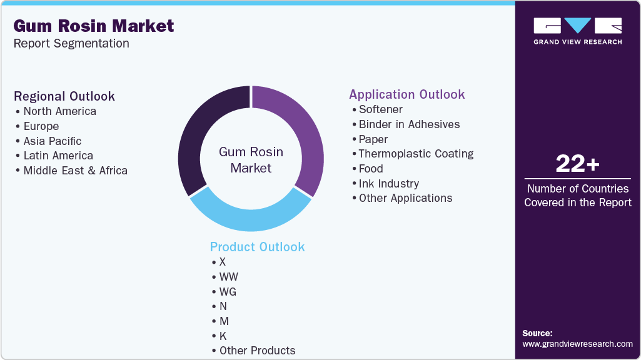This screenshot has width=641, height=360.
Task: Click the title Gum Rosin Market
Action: [x=94, y=26]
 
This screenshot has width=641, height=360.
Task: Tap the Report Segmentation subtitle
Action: [x=71, y=44]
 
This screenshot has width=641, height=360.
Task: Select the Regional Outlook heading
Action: [x=64, y=96]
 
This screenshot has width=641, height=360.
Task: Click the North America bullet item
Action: [x=59, y=111]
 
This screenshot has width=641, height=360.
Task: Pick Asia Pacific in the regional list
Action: [x=53, y=141]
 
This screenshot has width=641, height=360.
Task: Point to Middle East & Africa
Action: [x=75, y=171]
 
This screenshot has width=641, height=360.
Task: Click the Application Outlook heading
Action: [x=406, y=94]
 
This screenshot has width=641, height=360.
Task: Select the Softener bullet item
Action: [x=380, y=109]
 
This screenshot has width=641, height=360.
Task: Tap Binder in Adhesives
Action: [x=409, y=124]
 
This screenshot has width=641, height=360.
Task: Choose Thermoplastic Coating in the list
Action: [x=416, y=154]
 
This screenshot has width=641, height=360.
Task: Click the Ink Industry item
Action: [x=388, y=184]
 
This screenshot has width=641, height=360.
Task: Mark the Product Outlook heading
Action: [x=257, y=247]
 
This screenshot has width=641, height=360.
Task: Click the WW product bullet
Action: [x=228, y=277]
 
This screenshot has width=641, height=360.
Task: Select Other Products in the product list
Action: [x=257, y=351]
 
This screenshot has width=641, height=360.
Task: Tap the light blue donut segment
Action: [x=250, y=216]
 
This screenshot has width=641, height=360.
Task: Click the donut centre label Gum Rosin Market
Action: [x=251, y=160]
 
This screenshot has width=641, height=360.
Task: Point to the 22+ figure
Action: [x=577, y=164]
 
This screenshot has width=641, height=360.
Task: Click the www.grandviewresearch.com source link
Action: [x=577, y=344]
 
